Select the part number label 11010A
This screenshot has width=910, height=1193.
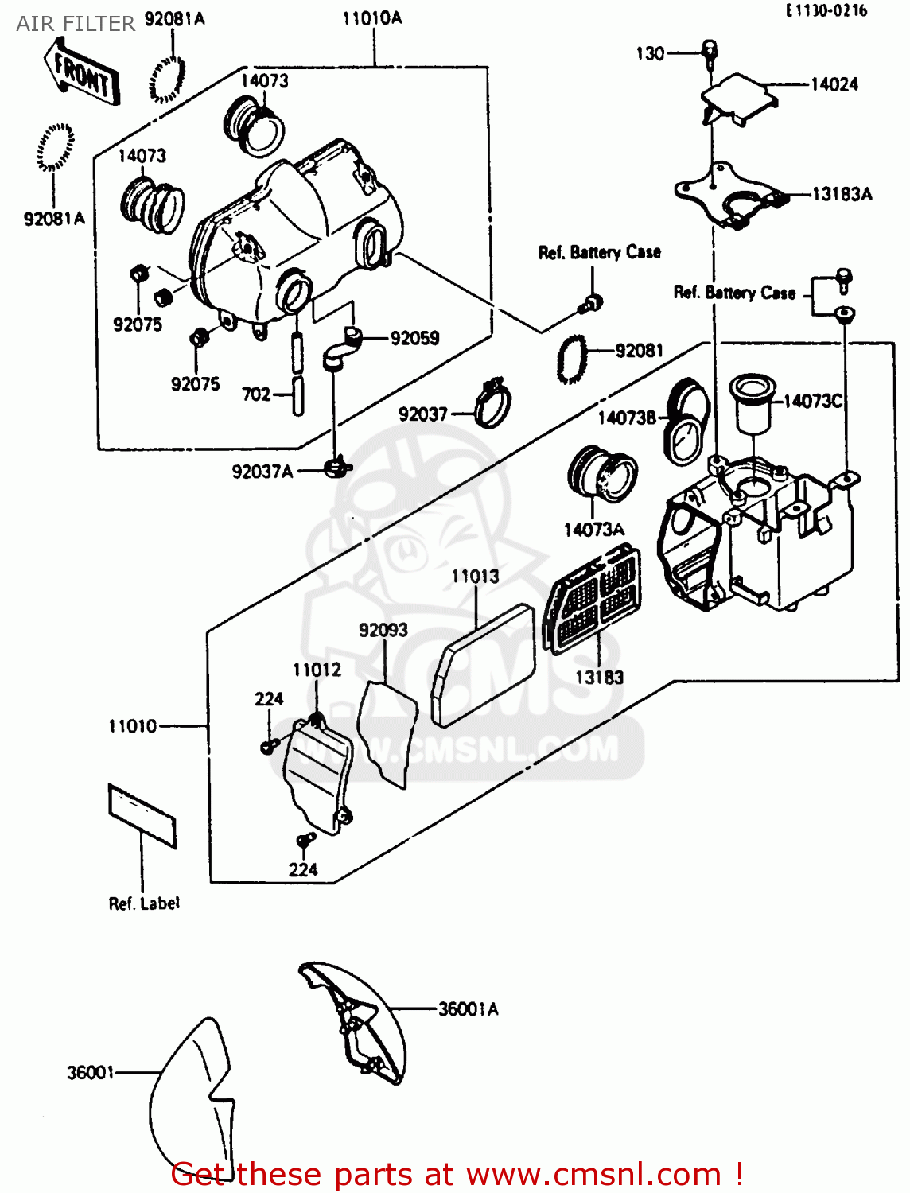pos(372,18)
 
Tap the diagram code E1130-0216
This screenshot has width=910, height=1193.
pos(826,10)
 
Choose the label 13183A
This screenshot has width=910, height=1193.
pos(842,194)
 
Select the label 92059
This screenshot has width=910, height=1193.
pos(414,338)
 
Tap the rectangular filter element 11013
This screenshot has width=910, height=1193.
pos(484,666)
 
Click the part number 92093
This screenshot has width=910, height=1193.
pos(383,630)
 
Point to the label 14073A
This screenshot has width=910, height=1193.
pos(593,530)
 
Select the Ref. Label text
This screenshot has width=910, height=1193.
pos(144,903)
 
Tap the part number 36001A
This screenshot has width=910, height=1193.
pos(468,1009)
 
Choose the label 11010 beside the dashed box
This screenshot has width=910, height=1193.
pos(133,726)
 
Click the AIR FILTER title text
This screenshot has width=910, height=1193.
pos(76,24)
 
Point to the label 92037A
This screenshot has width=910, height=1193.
pos(262,472)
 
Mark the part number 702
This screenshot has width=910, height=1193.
pos(256,394)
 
